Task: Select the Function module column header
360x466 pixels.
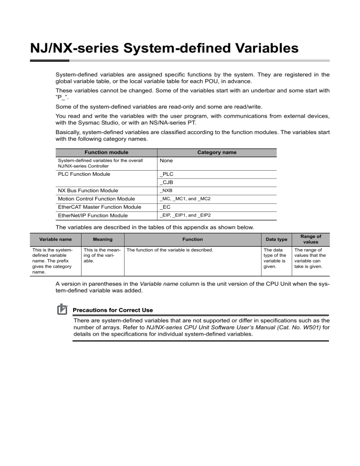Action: (106, 152)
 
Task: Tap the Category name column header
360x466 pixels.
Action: (216, 152)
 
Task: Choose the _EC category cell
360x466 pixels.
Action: (164, 207)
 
